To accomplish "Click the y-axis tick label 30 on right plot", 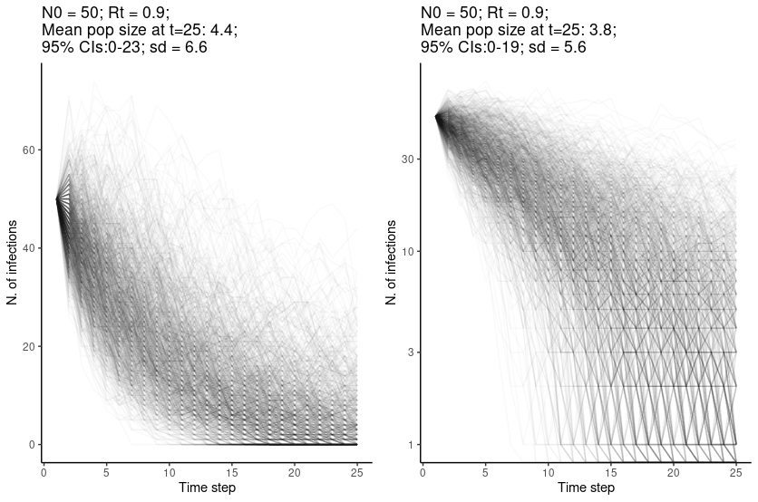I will point(408,159).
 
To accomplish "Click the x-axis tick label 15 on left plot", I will point(232,472).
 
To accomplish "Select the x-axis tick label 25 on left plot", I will point(357,472).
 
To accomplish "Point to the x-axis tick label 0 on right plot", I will point(423,472).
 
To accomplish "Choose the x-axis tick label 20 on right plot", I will point(674,472).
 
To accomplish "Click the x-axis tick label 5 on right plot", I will point(485,472).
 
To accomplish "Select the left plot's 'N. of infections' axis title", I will point(13,263).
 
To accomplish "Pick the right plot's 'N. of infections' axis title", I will point(392,263).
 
